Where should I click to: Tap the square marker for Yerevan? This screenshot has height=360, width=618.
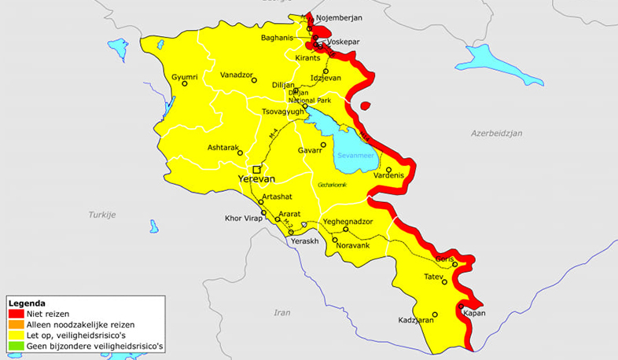coord(256,169)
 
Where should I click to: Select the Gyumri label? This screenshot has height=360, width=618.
coord(184,77)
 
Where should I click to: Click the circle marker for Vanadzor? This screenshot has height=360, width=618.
coord(253,79)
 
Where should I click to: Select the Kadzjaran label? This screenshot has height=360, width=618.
coord(416,321)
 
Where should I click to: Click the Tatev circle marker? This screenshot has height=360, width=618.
coord(444,282)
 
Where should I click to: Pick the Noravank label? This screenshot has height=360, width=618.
coord(351,247)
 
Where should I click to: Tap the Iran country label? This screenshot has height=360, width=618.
coord(281,312)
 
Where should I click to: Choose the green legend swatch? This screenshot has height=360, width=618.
coord(15,344)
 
